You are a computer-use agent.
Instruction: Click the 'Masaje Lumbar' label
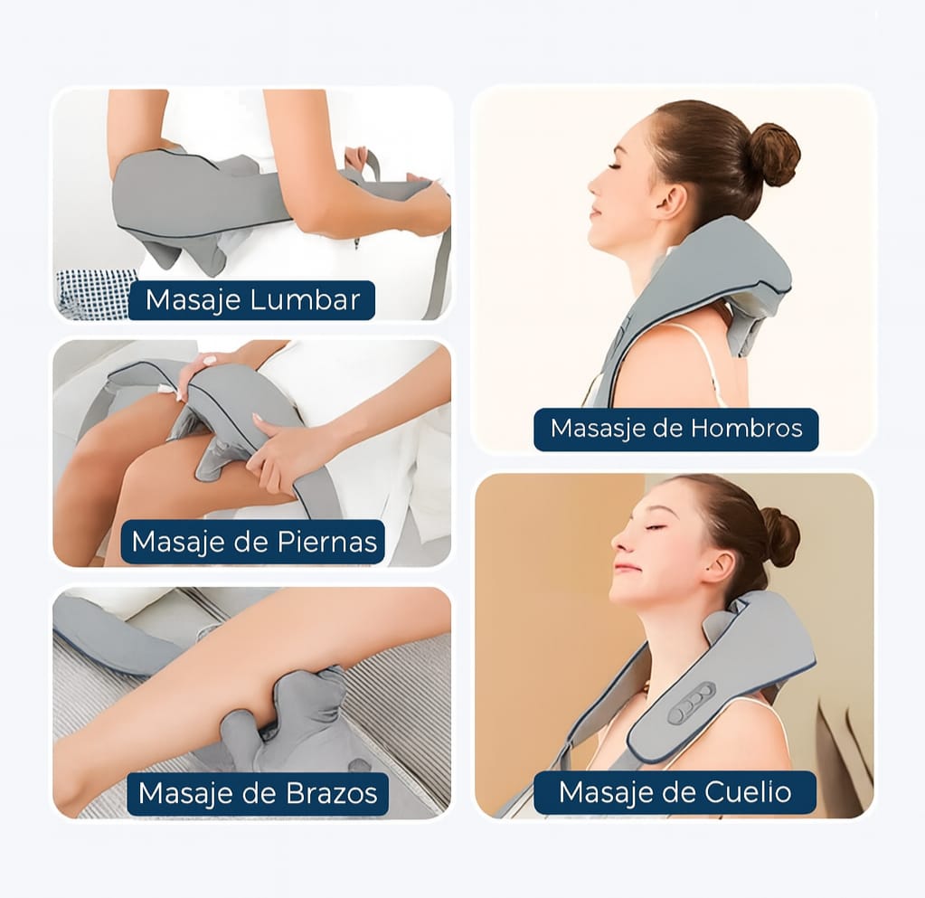pyautogui.click(x=251, y=300)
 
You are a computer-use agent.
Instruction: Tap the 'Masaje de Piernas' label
pyautogui.click(x=253, y=542)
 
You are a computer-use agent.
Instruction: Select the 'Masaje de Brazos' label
pyautogui.click(x=257, y=794)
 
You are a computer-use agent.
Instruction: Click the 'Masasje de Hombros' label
pyautogui.click(x=675, y=429)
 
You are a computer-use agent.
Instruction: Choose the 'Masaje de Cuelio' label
pyautogui.click(x=675, y=792)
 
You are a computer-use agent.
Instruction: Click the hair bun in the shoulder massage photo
pyautogui.click(x=773, y=154)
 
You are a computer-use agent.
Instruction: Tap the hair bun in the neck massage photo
pyautogui.click(x=779, y=536)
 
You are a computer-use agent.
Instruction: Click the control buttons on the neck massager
pyautogui.click(x=692, y=703)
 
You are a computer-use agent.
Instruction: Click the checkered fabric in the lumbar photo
pyautogui.click(x=90, y=295)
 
